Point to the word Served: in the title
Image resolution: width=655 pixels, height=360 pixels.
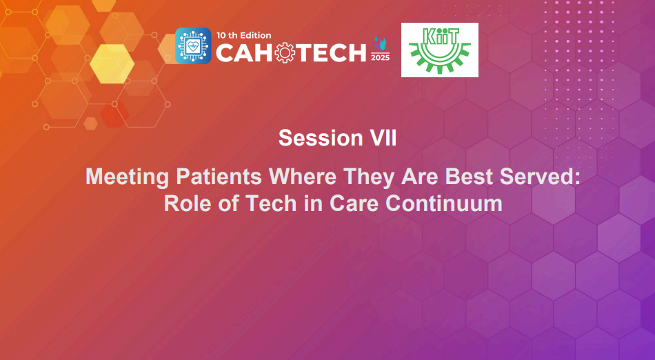click(x=543, y=177)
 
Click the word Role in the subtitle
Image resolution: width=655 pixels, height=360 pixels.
click(x=185, y=204)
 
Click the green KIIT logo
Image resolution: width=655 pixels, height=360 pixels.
click(x=440, y=50)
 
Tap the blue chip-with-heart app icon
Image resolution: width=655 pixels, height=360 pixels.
click(x=193, y=46)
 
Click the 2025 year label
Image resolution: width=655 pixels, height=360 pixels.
click(x=380, y=57)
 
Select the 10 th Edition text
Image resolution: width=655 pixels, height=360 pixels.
click(x=243, y=35)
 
